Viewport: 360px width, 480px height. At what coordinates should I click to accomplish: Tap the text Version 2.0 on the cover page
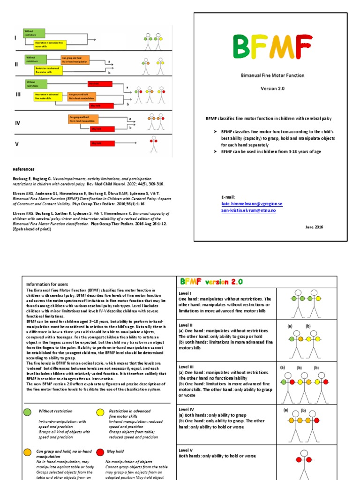coord(272,88)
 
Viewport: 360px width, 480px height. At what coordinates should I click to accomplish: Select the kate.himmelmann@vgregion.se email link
coord(252,204)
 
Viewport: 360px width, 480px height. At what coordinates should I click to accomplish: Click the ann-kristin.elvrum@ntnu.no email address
coord(248,210)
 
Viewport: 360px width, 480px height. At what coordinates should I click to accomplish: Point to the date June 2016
coord(314,227)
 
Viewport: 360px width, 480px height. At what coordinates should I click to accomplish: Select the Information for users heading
coord(47,284)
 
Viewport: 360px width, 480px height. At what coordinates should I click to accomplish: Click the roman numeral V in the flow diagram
coord(17,144)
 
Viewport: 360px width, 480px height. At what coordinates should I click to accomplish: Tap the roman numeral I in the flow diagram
coord(15,38)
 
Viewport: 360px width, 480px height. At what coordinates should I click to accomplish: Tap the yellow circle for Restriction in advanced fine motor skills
coord(100,412)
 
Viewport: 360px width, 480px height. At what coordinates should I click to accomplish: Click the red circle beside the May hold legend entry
coord(100,452)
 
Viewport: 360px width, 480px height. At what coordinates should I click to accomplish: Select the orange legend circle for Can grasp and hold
coord(28,452)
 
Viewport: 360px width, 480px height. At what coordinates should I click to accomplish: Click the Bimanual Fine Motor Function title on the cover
coord(272,75)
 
